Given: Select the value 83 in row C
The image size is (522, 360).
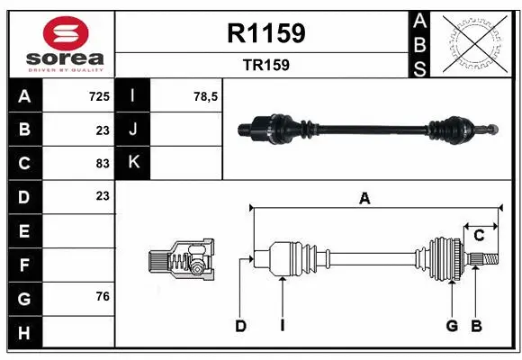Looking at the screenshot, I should pos(103,163).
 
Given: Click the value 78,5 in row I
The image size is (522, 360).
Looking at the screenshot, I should pos(206,95).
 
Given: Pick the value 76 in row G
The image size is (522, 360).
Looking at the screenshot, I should pos(103,296).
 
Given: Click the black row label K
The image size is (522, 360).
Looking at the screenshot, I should pos(134,162).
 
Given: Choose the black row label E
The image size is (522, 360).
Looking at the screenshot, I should pos(23,231).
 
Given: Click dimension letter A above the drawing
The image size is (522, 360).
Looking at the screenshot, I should pos(364,199).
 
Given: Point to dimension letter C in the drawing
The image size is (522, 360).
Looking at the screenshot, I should pos(480,236).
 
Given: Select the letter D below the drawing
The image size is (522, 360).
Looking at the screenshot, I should pos(240,326).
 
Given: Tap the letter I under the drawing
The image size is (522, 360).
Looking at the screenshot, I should pos(282,326).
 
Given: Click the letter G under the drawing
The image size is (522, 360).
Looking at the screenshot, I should pos(452,326).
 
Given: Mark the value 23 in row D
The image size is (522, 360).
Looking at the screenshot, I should pos(103,196).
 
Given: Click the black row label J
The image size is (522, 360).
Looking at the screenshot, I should pos(134,129).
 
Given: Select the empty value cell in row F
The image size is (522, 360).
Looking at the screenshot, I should pos(79,265).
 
